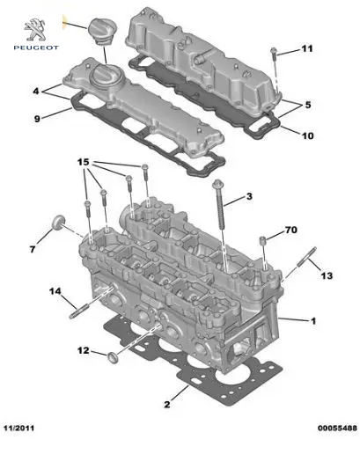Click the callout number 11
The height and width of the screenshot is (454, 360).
[307, 48]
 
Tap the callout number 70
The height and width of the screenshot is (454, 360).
[290, 230]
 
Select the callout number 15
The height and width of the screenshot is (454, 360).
[83, 162]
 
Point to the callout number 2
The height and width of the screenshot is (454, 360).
[167, 405]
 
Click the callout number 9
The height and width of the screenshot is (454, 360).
[37, 119]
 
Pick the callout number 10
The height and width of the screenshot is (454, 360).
[307, 135]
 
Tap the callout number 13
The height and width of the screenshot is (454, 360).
[327, 275]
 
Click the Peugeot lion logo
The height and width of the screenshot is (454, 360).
[35, 30]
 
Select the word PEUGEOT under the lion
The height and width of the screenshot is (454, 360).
[36, 48]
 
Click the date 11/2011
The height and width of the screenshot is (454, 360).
[18, 428]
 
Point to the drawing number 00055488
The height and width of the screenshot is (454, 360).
[337, 428]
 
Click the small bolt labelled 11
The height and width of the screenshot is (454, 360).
[274, 53]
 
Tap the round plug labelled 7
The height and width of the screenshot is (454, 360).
[58, 222]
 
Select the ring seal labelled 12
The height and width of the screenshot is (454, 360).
[113, 358]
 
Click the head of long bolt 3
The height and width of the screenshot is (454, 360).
[218, 184]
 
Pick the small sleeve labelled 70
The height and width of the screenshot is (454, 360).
[262, 240]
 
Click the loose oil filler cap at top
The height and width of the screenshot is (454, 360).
[102, 32]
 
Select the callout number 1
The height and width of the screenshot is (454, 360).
[313, 321]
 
